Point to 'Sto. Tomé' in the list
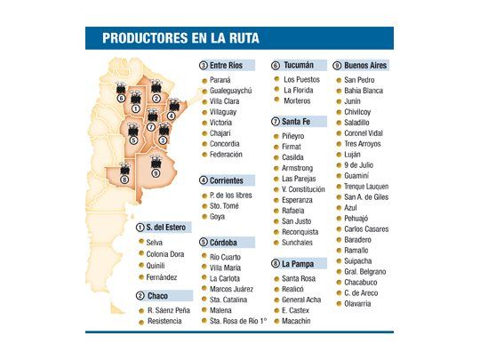pos(227,204)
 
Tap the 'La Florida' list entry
pos(301,90)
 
